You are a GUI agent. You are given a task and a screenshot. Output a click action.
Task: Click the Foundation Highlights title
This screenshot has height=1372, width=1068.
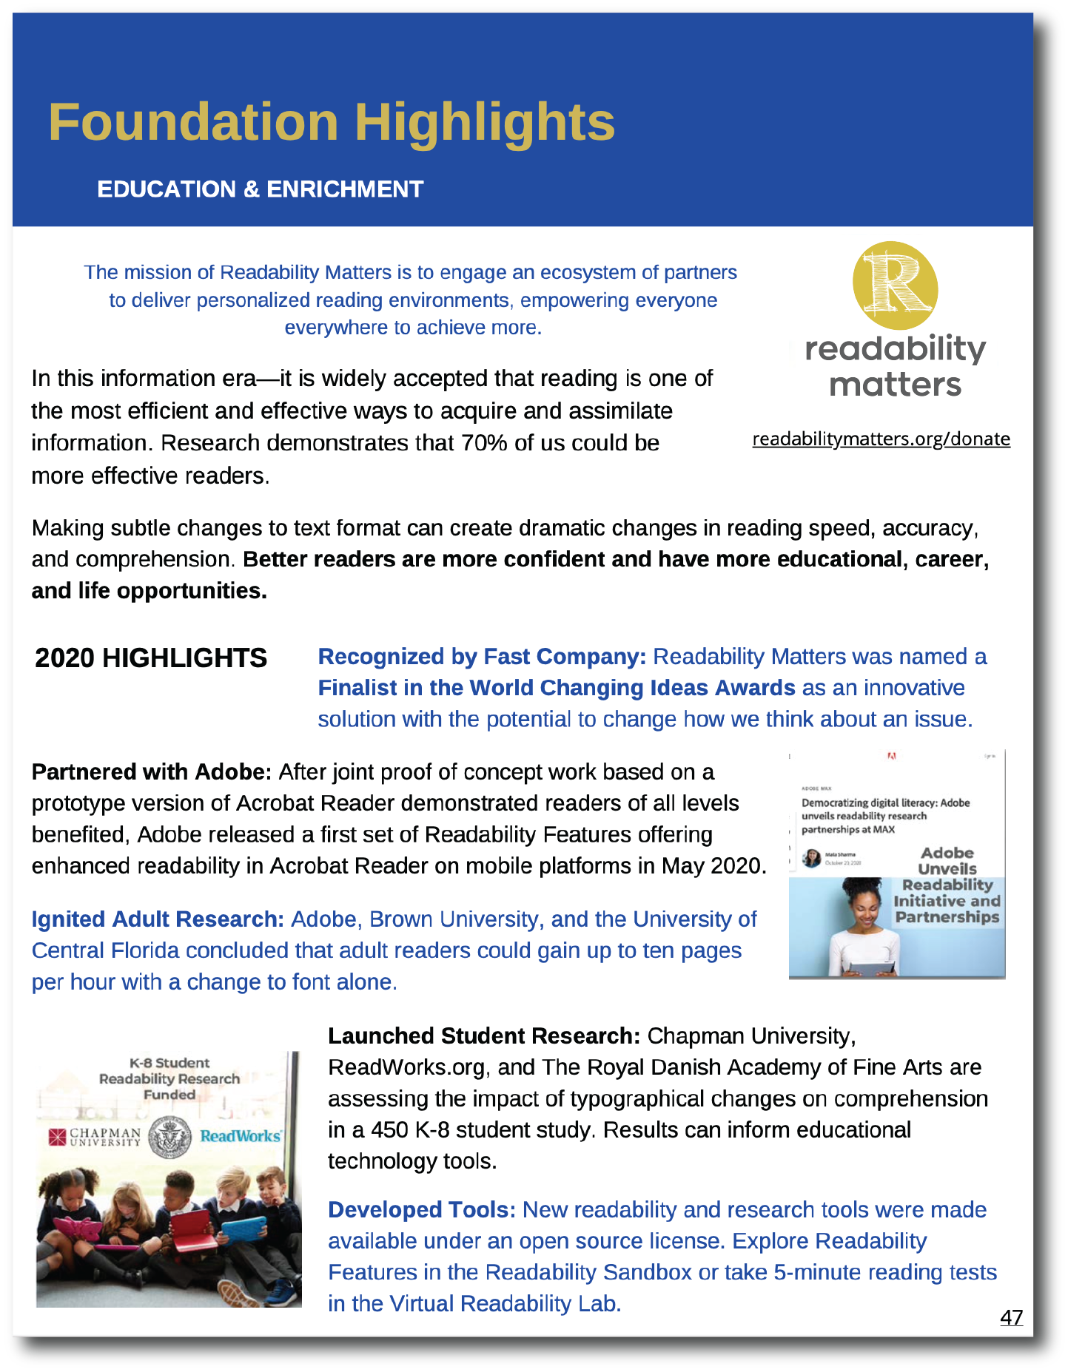332,122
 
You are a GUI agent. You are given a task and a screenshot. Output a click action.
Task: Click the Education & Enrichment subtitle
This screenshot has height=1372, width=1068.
260,189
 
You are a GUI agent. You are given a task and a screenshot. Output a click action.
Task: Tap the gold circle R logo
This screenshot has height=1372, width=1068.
895,285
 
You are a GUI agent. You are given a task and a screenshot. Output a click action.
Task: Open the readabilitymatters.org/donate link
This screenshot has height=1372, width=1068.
881,439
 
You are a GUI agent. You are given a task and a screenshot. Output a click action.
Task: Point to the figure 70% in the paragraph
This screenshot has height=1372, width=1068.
484,443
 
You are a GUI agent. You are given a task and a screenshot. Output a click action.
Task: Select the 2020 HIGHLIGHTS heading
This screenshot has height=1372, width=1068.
151,658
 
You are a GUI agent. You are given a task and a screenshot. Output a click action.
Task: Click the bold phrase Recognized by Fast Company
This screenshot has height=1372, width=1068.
482,657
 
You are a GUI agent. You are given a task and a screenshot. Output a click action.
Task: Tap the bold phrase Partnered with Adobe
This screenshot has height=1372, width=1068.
152,772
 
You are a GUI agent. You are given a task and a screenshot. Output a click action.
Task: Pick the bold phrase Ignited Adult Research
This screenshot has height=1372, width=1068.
158,919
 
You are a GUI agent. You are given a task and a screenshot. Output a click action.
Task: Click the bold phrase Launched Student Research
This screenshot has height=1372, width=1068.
483,1036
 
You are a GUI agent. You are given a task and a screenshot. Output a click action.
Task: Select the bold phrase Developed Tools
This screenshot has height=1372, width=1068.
422,1210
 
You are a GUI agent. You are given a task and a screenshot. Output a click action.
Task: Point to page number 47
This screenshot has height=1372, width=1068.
1011,1317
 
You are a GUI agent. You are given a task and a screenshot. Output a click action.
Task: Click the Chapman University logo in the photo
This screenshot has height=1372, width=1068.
95,1137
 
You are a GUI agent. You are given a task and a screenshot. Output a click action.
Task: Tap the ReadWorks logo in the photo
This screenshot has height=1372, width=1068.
241,1136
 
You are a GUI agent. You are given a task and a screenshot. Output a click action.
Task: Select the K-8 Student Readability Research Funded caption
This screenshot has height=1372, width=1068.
169,1078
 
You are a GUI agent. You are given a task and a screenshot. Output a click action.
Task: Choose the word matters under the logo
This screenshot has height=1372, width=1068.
895,385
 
